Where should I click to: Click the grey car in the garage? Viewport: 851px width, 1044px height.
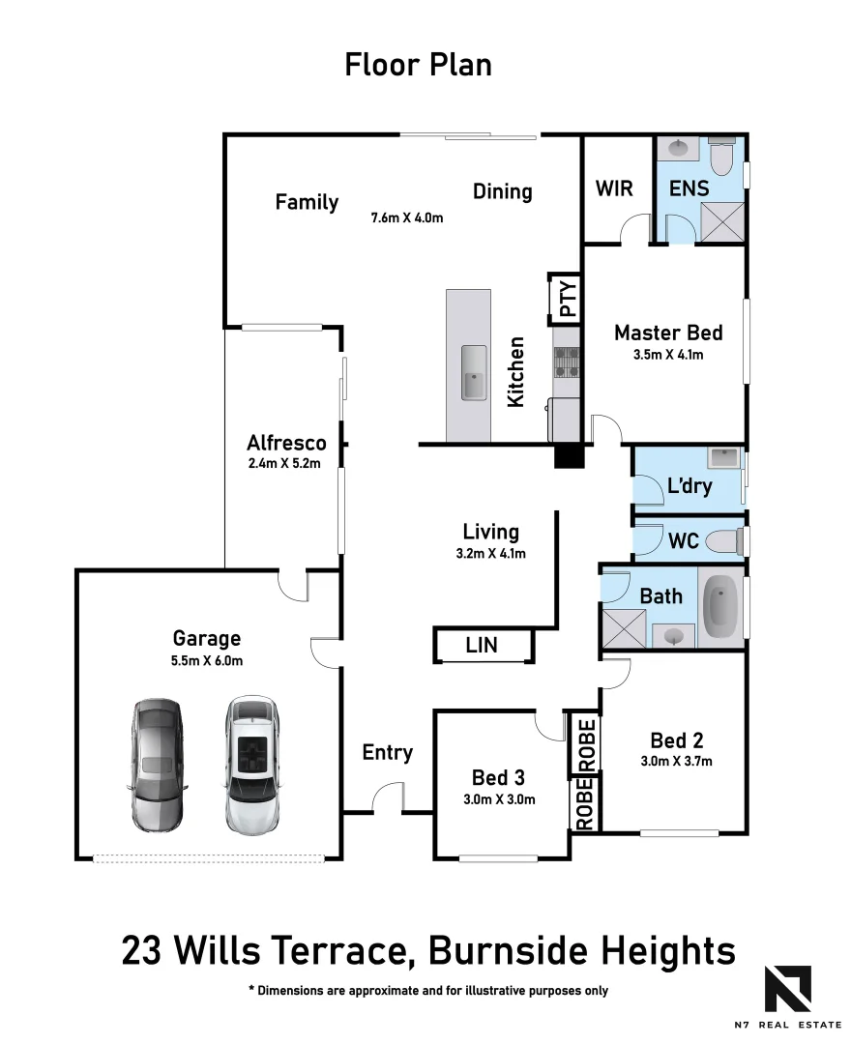click(x=156, y=764)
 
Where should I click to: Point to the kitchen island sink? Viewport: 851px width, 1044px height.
click(x=474, y=372)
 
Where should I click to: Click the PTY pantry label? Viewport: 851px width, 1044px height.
click(x=567, y=299)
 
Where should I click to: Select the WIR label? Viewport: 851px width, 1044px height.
click(x=614, y=188)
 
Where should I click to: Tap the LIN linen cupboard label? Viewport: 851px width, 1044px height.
click(x=482, y=645)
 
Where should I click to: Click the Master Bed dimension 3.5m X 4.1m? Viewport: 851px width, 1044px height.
click(x=667, y=355)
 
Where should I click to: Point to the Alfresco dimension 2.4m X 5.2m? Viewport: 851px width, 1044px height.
click(x=284, y=464)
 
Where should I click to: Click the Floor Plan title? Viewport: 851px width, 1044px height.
click(x=419, y=65)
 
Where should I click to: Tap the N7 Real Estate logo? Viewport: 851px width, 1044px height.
click(x=788, y=991)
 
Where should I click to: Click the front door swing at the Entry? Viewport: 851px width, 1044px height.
click(x=388, y=798)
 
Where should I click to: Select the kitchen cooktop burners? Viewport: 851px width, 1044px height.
click(x=566, y=361)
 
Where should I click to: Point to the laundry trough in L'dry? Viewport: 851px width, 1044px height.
click(x=722, y=458)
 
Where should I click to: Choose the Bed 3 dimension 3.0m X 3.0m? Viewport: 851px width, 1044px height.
click(x=499, y=798)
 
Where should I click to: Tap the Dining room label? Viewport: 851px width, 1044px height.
click(x=502, y=191)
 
